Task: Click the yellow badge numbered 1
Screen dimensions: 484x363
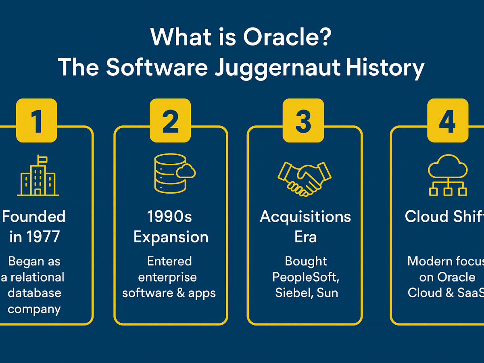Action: coord(37,120)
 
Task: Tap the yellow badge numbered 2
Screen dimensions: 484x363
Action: coord(170,120)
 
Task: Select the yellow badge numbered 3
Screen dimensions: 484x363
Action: coord(303,120)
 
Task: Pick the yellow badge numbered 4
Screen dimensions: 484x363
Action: coord(448,120)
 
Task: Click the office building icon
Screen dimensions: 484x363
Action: coord(38,175)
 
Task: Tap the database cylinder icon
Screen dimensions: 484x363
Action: coord(175,173)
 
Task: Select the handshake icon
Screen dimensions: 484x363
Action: coord(304,179)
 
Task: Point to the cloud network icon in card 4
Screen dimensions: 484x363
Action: coord(448,175)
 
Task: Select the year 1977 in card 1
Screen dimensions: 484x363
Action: coord(43,237)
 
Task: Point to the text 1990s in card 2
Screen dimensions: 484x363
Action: coord(169,217)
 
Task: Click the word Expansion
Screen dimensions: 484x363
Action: coord(171,238)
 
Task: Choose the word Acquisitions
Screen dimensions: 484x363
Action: coord(305,217)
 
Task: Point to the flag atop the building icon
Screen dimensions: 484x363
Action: coord(42,159)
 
